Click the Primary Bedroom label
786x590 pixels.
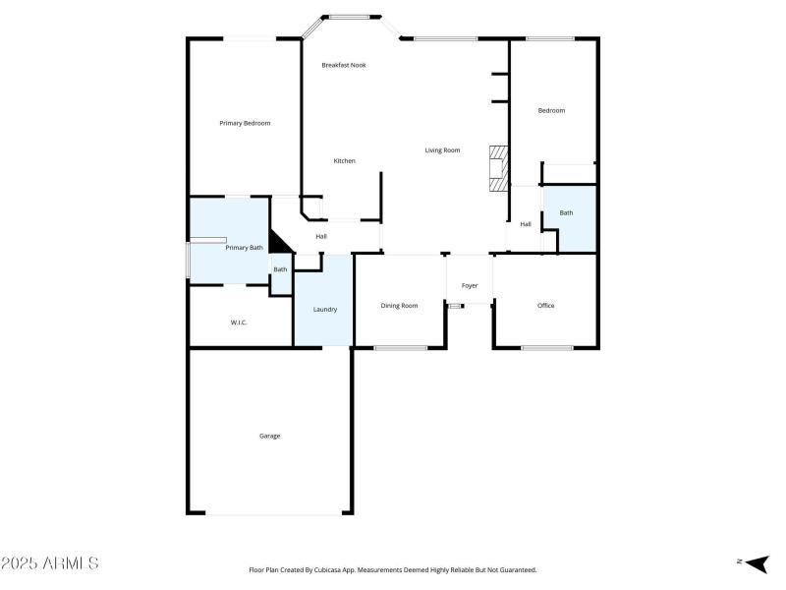[x=245, y=123]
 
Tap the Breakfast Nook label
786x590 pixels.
[x=344, y=65]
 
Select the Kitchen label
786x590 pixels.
[x=344, y=161]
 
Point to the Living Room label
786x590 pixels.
[x=442, y=150]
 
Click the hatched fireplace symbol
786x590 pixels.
[x=499, y=168]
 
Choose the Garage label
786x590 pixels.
[x=269, y=436]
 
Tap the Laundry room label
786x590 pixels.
[x=325, y=310]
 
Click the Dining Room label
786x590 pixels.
[x=399, y=306]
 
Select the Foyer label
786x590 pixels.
[x=470, y=286]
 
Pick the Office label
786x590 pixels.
[x=545, y=306]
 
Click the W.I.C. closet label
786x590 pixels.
[x=239, y=323]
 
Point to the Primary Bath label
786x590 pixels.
[x=244, y=248]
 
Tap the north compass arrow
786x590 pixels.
[x=756, y=562]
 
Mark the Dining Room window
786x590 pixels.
[x=400, y=347]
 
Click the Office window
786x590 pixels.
[x=547, y=347]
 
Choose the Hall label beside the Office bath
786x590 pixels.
[x=526, y=224]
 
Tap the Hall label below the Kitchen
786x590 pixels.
[x=321, y=237]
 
